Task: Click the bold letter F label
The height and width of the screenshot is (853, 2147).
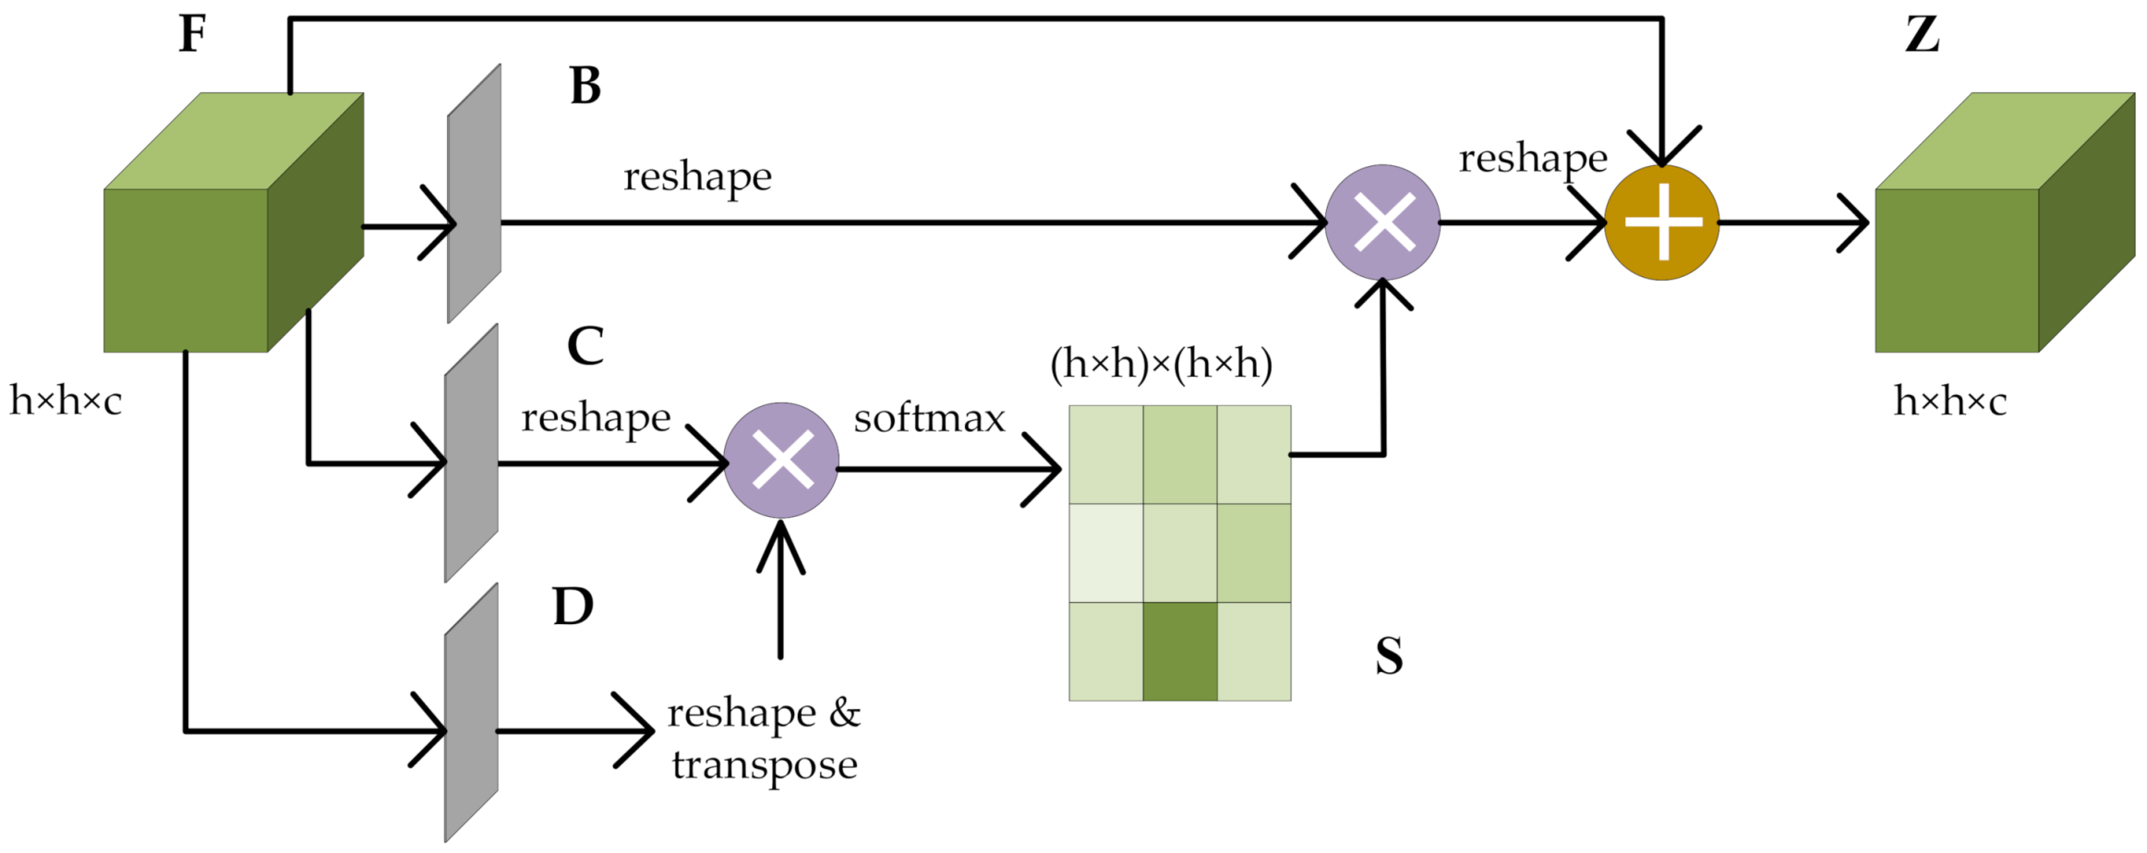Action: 192,34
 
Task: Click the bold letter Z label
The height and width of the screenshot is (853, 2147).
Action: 1922,34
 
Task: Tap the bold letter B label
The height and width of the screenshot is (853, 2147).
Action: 585,86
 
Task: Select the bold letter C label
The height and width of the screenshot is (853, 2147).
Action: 585,346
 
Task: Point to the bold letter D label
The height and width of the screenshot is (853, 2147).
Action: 573,607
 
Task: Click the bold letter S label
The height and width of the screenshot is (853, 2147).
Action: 1389,656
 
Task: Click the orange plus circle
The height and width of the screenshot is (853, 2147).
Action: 1661,222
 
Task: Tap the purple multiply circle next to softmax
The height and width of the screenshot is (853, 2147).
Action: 781,460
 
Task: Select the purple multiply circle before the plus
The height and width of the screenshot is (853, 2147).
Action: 1382,222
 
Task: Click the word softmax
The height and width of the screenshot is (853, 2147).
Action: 929,419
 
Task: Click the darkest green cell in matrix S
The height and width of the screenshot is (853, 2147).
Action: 1180,652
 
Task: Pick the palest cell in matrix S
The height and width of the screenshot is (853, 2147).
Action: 1106,553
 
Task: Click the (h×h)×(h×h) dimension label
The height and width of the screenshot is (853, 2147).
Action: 1161,364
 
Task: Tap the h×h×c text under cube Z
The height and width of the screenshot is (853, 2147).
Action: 1949,402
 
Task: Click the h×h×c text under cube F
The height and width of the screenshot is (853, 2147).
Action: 66,402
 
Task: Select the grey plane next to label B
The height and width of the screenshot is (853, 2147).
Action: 475,194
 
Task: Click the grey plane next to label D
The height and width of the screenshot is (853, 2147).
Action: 471,713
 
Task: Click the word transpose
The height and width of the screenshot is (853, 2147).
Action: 765,765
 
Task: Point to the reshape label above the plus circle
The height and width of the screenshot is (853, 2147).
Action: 1533,159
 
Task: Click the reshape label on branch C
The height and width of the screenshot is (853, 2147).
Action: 596,418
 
